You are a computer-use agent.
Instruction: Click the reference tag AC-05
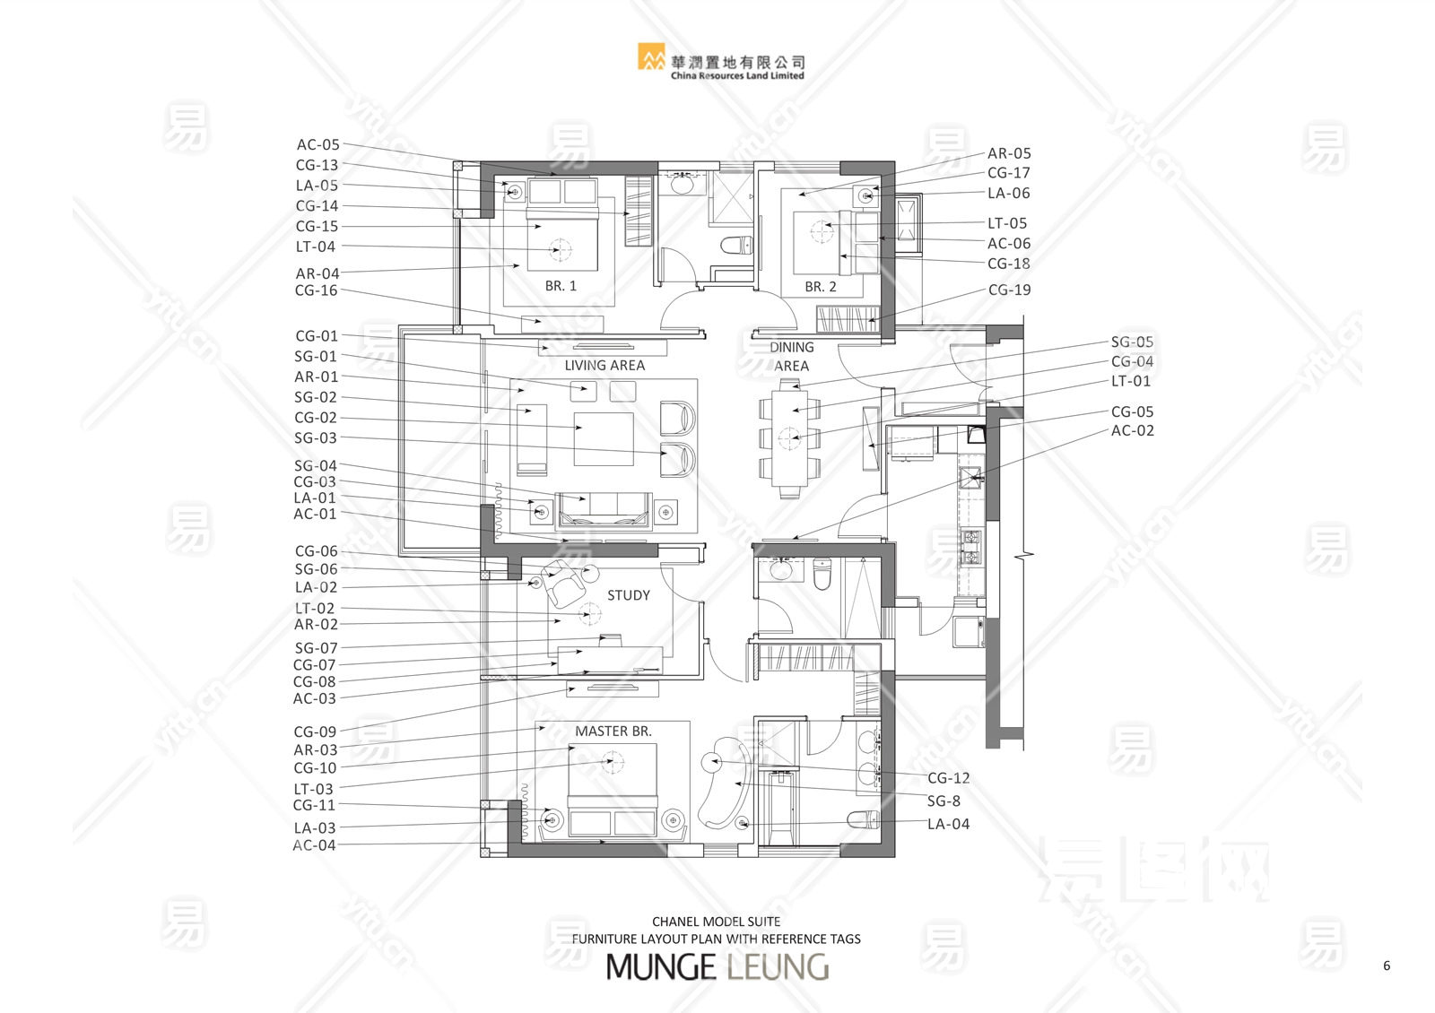[x=317, y=144]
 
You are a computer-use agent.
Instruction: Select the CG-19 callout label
[x=1009, y=290]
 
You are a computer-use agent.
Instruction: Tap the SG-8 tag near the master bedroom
[x=944, y=801]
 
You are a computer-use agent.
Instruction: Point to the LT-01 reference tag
[x=1131, y=381]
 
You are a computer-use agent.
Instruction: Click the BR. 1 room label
[x=561, y=286]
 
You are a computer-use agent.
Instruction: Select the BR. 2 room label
[x=821, y=287]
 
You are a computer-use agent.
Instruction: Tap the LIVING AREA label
[x=604, y=366]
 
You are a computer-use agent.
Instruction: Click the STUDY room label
[x=629, y=595]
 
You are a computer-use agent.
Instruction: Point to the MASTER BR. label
[x=613, y=732]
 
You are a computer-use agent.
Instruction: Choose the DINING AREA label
[x=792, y=357]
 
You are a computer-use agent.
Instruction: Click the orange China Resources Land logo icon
[x=651, y=56]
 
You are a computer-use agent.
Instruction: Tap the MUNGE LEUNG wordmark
[x=717, y=967]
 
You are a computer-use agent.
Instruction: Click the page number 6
[x=1387, y=965]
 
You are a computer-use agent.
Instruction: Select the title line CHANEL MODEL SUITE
[x=717, y=922]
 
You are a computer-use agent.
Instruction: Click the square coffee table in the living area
[x=604, y=438]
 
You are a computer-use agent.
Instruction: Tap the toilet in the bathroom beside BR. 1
[x=736, y=245]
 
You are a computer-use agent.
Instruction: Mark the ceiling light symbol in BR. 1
[x=561, y=249]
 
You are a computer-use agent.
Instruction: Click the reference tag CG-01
[x=317, y=336]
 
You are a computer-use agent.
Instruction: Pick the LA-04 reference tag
[x=948, y=824]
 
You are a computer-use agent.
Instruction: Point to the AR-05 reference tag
[x=1009, y=153]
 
